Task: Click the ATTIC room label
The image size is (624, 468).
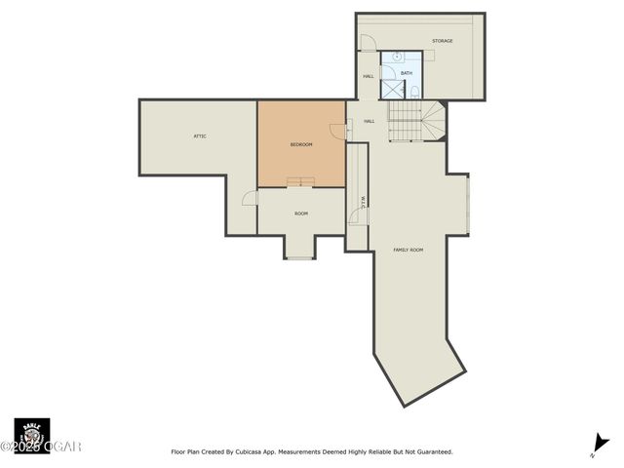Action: [200, 136]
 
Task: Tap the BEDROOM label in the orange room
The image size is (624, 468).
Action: [301, 144]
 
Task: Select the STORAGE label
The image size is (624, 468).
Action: [443, 41]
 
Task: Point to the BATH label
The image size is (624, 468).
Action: [407, 73]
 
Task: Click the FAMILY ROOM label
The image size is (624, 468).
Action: [409, 250]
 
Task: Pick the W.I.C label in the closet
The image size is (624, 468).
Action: [363, 202]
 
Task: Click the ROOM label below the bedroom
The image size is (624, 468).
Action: [301, 214]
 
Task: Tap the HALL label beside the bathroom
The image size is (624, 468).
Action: [369, 76]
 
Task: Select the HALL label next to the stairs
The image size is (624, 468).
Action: [370, 121]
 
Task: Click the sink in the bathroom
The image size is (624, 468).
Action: [388, 58]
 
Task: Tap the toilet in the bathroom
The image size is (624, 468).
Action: [415, 92]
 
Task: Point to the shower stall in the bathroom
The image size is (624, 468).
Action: [392, 89]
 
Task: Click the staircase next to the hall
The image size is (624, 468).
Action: [415, 121]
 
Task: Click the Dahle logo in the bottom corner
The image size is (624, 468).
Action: [31, 435]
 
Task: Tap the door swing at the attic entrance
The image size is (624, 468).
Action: [250, 198]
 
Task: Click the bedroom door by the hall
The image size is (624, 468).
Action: [338, 131]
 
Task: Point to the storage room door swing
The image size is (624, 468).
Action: [368, 43]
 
